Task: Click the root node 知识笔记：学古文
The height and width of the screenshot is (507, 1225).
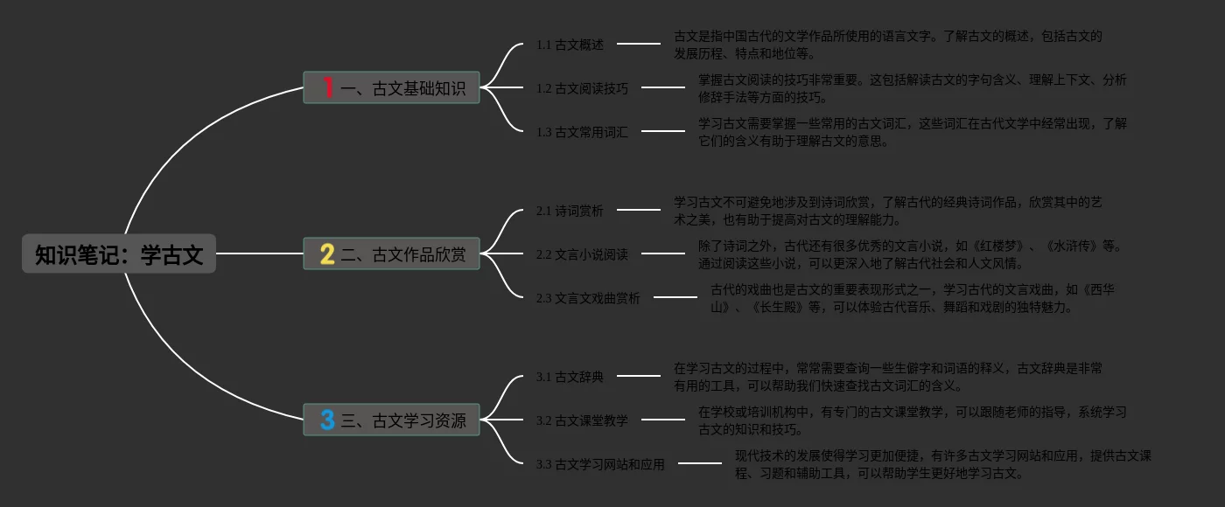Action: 119,254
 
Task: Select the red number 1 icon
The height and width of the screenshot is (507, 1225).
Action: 328,87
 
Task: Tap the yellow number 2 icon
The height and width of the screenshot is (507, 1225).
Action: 327,254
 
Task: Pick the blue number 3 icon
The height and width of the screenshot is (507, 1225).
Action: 327,420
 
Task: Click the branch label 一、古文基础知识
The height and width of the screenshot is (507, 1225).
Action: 403,88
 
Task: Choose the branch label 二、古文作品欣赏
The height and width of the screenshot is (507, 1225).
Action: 403,255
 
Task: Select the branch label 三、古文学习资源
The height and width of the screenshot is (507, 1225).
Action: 403,421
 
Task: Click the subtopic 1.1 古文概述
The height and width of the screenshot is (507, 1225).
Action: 570,45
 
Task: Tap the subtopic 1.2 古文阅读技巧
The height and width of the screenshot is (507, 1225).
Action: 582,88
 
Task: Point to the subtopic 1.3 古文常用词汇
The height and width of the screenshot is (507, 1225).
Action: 582,132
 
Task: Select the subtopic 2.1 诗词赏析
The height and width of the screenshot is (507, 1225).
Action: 570,211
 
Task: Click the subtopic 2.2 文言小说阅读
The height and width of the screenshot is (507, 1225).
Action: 582,255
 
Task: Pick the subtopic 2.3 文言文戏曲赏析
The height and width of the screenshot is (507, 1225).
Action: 588,298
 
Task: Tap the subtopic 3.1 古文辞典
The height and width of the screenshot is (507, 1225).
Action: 570,377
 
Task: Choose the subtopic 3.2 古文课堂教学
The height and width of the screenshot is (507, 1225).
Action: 582,420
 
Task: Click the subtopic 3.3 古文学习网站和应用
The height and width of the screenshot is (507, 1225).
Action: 600,464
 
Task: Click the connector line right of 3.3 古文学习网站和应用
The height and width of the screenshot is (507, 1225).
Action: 700,463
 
